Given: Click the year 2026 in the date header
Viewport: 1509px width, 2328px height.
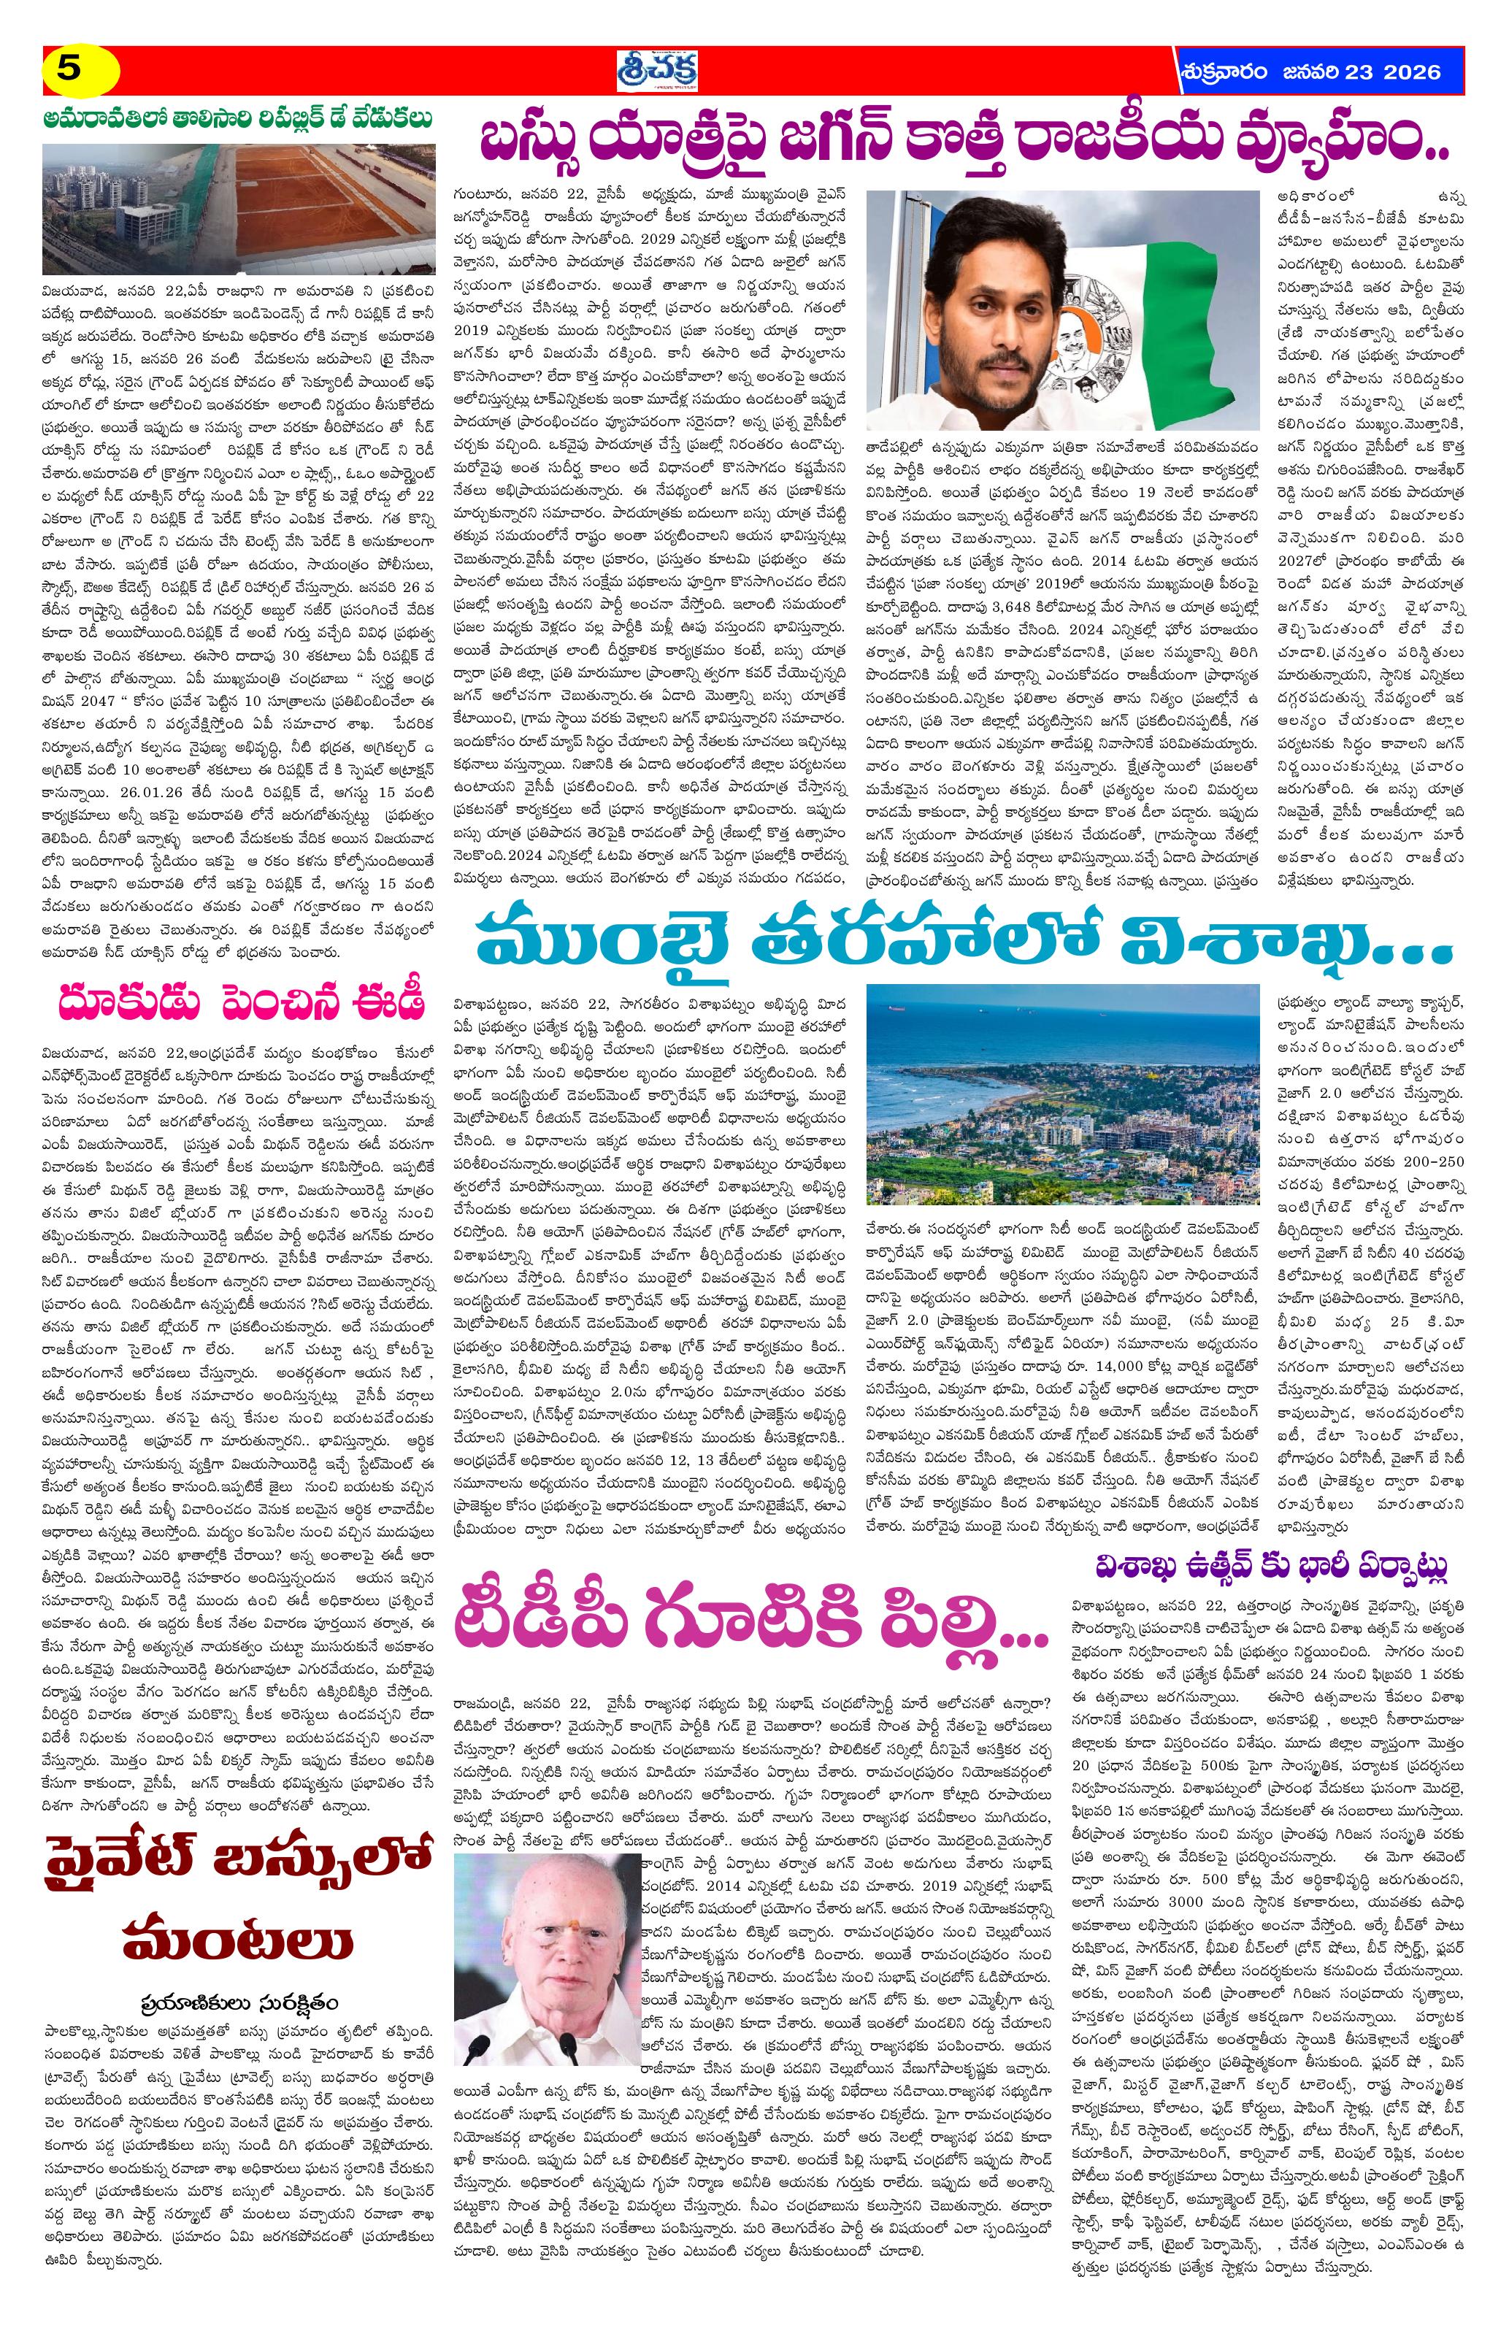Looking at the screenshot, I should (1408, 72).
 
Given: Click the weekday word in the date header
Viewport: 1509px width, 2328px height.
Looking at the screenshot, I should (1226, 72).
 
